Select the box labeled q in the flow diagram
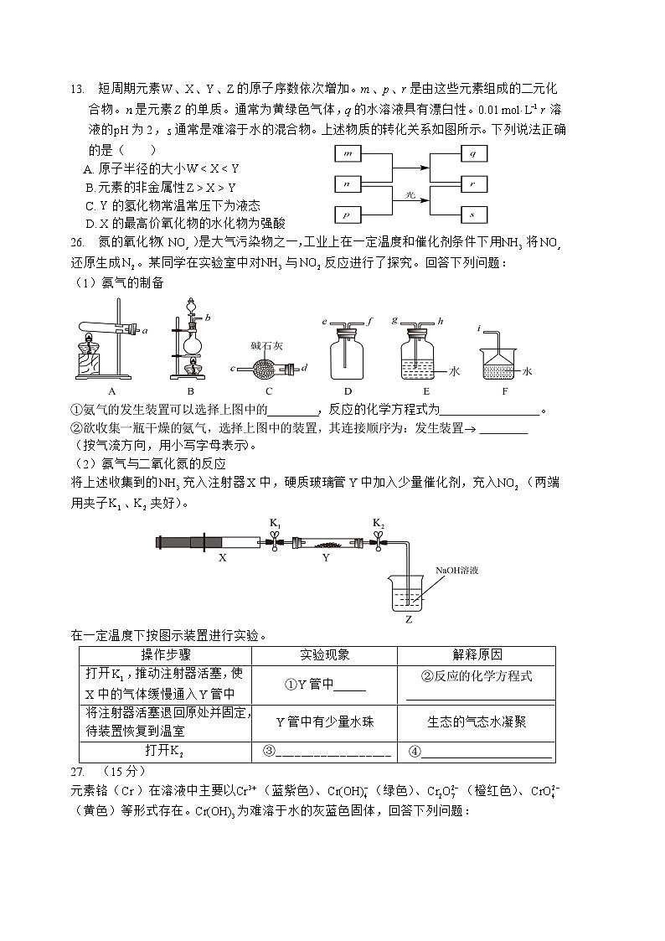pos(473,153)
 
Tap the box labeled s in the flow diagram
pos(473,215)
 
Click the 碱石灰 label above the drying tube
pos(267,344)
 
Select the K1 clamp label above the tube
pos(275,524)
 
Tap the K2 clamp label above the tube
pos(379,524)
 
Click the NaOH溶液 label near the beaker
pos(456,570)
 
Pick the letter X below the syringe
pos(222,556)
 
